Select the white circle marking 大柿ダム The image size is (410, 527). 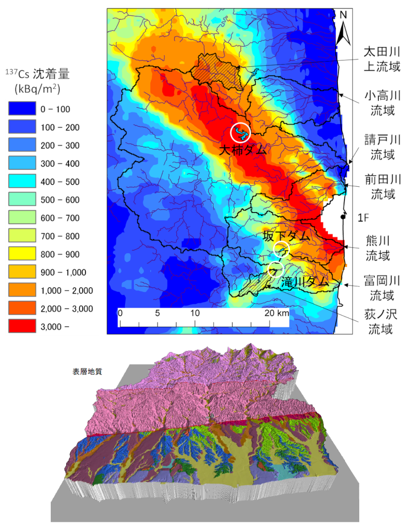(241, 133)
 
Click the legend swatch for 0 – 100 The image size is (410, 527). (23, 109)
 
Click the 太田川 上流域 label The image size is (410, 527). (382, 59)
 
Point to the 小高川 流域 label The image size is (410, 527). (382, 103)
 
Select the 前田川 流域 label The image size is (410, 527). (382, 187)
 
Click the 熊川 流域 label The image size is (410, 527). (382, 247)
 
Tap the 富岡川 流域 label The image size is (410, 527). (382, 288)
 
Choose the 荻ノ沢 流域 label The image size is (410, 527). (382, 321)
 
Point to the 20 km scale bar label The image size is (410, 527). (275, 313)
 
